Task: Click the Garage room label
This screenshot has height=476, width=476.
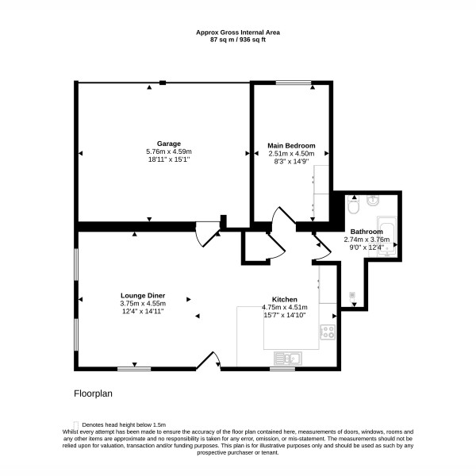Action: tap(169, 144)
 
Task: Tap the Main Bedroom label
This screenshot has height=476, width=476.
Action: tap(291, 145)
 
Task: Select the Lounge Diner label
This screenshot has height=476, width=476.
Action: tap(143, 295)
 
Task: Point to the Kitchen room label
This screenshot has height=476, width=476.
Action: tap(285, 299)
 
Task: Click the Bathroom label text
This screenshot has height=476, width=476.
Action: tap(367, 232)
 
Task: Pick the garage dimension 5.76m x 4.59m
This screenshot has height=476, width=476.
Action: tap(169, 152)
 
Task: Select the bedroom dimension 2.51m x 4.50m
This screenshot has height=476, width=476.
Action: tap(291, 154)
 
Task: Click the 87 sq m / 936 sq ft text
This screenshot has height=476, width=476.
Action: tap(238, 40)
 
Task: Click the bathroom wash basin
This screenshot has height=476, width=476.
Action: tap(373, 201)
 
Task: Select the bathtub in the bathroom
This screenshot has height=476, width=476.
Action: tap(387, 236)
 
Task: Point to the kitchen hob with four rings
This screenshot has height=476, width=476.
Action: tap(328, 332)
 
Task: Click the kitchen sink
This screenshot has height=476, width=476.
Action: tap(288, 359)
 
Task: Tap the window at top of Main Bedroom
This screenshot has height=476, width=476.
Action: tap(294, 82)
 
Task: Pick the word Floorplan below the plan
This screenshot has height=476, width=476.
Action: tap(93, 393)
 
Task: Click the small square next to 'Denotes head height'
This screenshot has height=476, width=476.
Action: tap(76, 425)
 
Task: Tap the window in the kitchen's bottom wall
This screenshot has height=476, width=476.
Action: tap(282, 369)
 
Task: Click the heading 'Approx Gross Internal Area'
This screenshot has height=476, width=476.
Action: tap(238, 33)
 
